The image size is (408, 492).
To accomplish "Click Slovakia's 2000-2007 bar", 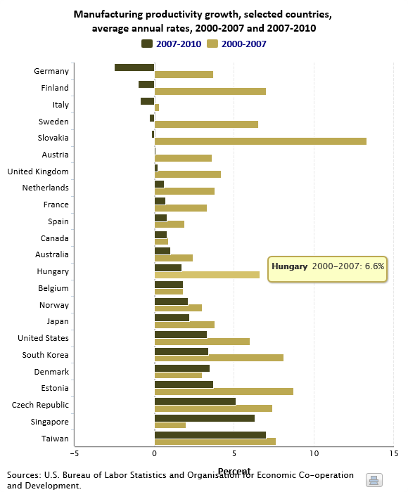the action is (260, 141).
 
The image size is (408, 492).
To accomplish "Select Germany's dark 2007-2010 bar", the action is (134, 67).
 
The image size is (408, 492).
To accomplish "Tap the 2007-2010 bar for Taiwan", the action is (210, 435).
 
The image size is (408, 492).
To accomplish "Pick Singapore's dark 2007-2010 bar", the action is (205, 418).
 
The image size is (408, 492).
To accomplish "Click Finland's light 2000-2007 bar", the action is (210, 91).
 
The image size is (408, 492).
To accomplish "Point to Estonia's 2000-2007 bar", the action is (224, 391).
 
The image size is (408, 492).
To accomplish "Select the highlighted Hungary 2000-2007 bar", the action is (207, 275).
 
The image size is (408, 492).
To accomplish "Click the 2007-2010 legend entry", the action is (172, 44).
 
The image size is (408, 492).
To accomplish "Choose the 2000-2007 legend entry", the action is (237, 44).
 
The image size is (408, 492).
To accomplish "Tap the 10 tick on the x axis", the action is (314, 453).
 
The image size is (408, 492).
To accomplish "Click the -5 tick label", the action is (75, 453).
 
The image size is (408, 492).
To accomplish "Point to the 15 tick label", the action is (393, 453).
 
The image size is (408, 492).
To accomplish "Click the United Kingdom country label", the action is (38, 171).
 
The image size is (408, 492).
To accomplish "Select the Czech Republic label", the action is (40, 405).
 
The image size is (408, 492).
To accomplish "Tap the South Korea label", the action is (45, 355).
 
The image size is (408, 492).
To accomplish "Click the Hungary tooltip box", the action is (327, 269).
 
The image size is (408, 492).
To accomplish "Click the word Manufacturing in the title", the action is (108, 15).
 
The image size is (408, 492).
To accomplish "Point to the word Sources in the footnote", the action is (24, 475).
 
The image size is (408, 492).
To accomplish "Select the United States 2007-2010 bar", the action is (181, 335).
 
